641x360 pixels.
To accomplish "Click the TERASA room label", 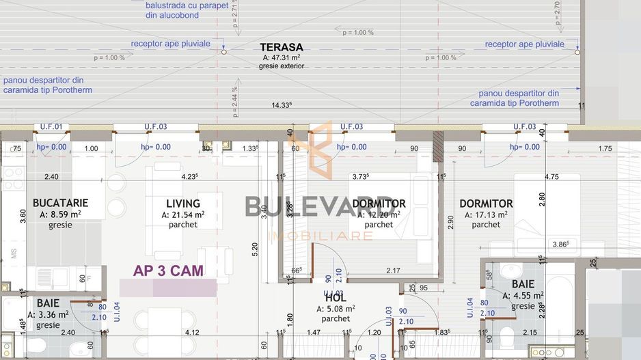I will tap(281, 47).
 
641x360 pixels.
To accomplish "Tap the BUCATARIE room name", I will tap(61, 203).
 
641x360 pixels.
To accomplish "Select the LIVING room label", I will tap(183, 203).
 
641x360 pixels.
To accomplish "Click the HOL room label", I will tap(336, 298).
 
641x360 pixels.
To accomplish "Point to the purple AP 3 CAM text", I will tap(168, 271).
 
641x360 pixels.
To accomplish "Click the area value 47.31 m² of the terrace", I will tap(282, 57).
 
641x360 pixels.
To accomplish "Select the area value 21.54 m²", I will tap(183, 214).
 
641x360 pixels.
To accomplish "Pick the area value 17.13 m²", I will tap(486, 214).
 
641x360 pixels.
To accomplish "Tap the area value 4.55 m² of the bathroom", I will tap(523, 296).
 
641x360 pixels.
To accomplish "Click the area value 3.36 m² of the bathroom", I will tap(48, 314).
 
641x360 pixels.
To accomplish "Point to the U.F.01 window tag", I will tap(51, 126).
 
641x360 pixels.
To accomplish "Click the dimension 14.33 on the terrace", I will tap(282, 105).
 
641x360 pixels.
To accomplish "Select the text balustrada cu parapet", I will tap(187, 4).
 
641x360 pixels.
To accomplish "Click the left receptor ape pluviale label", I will tap(171, 43).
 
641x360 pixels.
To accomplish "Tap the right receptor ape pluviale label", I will tap(525, 44).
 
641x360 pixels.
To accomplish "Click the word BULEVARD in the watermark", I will tap(320, 207).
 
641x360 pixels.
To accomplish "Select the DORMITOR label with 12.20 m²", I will tap(379, 204).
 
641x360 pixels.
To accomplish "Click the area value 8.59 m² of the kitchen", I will tap(61, 214).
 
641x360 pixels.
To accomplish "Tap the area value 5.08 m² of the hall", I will tap(336, 309).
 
